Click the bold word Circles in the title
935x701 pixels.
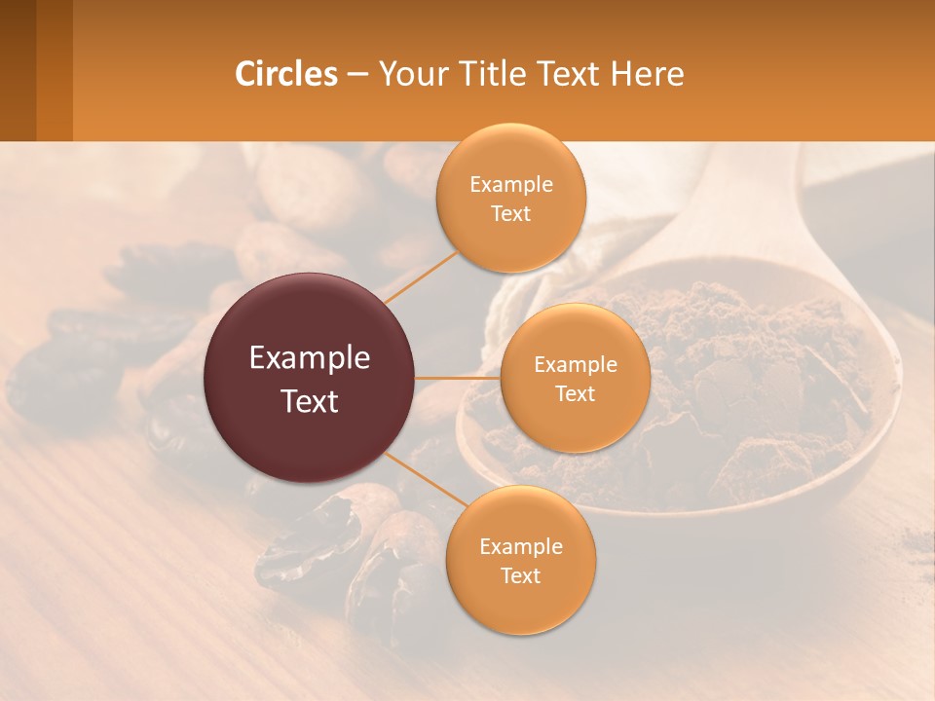[x=286, y=74]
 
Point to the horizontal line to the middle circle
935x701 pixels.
[x=458, y=378]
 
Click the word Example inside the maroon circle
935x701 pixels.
[x=310, y=358]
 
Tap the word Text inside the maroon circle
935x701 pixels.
[x=310, y=401]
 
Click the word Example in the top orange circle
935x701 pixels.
[x=510, y=185]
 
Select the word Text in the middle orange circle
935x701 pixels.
[x=575, y=394]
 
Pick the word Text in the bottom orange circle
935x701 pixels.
[x=520, y=576]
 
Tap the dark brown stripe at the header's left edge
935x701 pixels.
[x=18, y=70]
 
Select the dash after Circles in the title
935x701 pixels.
[x=357, y=75]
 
